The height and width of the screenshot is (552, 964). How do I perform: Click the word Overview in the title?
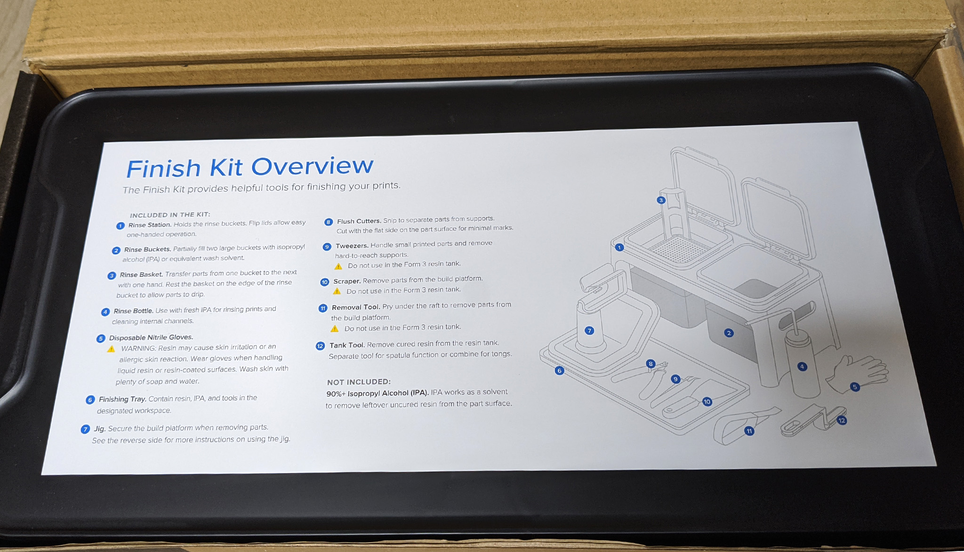coord(312,166)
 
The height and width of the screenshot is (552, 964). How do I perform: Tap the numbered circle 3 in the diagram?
coord(661,200)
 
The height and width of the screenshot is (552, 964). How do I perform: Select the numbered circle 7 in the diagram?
coord(589,331)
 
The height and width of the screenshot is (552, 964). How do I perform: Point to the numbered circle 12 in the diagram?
coord(842,420)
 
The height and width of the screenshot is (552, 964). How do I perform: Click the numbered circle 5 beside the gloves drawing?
coord(855,387)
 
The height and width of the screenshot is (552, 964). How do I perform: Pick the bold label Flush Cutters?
coord(359,221)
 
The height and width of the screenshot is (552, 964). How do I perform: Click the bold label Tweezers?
coord(352,246)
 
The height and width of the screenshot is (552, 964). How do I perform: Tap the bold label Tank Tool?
coord(347,345)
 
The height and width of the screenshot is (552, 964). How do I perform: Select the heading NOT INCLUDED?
coord(359,382)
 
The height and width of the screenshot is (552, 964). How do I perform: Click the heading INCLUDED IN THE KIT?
coord(170,215)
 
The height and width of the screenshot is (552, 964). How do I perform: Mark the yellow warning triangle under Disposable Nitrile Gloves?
coord(111,349)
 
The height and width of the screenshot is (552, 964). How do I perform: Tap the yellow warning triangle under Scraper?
coord(337,291)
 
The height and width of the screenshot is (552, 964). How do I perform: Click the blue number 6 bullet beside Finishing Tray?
coord(90,400)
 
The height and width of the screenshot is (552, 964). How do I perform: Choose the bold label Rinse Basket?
coord(141,275)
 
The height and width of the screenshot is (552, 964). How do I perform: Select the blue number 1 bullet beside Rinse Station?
coord(120,226)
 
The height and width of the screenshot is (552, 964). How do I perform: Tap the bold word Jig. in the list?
coord(99,429)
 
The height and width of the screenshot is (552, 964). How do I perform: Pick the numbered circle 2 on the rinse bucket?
coord(729,333)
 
